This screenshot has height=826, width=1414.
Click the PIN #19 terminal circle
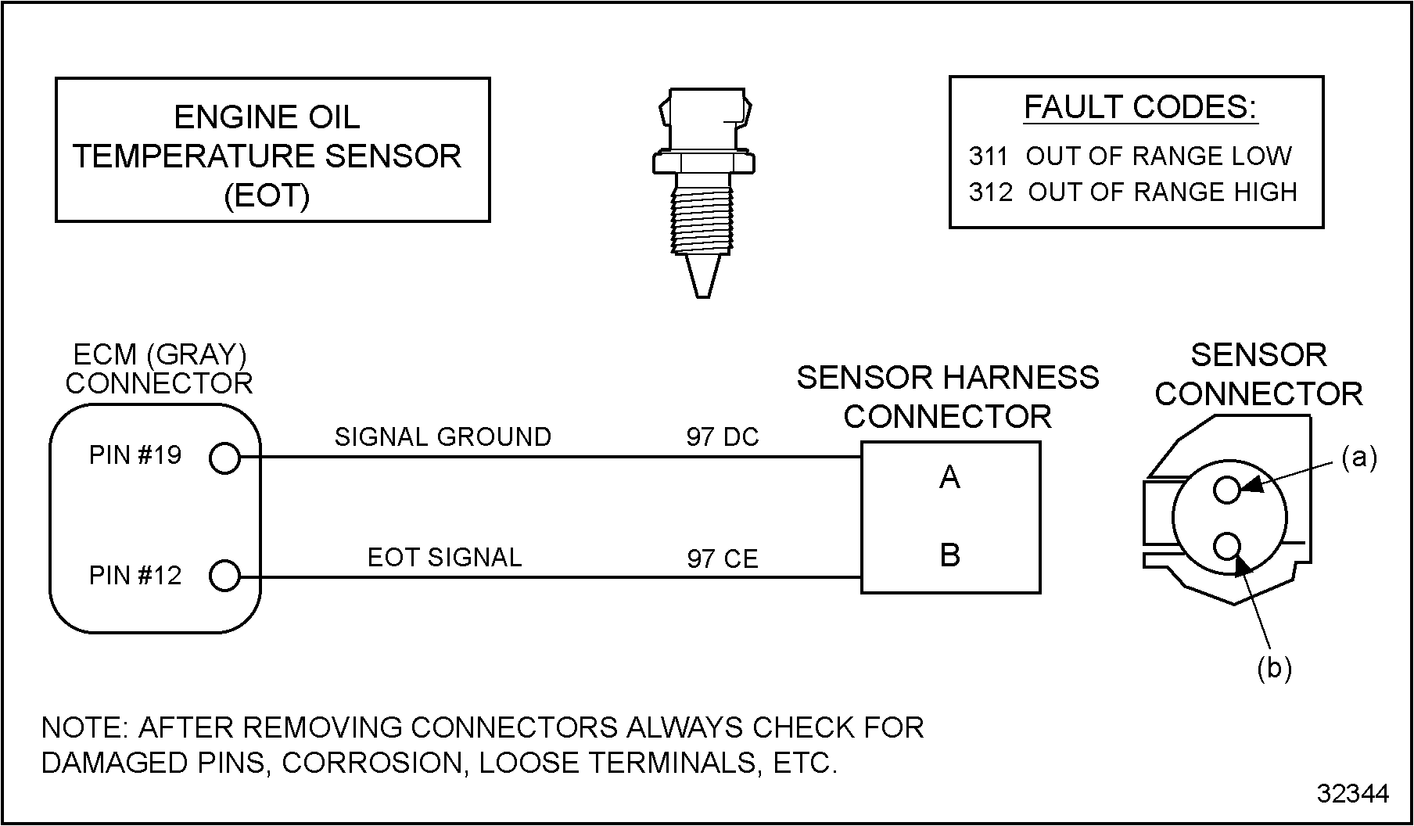pos(224,458)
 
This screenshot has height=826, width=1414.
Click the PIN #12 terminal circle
pos(224,576)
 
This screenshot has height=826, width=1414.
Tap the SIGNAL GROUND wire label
pos(443,436)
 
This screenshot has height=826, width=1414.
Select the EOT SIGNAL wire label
pos(444,557)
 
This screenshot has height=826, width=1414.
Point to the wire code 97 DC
pos(723,436)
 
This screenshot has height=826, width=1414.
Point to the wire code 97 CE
pos(723,558)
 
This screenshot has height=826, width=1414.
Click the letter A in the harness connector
pos(949,477)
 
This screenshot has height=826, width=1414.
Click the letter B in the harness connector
pos(949,555)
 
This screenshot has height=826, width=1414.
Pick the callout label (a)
pos(1359,457)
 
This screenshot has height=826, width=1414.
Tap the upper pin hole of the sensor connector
pos(1227,490)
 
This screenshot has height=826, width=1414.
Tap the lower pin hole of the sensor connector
pos(1228,545)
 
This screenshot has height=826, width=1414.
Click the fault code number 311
pos(988,156)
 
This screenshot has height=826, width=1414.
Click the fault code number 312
pos(990,192)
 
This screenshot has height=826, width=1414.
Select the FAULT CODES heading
pos(1140,107)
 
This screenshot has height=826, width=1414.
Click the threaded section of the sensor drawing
pos(702,220)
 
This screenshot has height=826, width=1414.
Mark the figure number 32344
pos(1353,793)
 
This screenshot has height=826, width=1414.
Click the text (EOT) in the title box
pos(267,196)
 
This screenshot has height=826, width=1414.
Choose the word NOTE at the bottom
pos(84,727)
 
